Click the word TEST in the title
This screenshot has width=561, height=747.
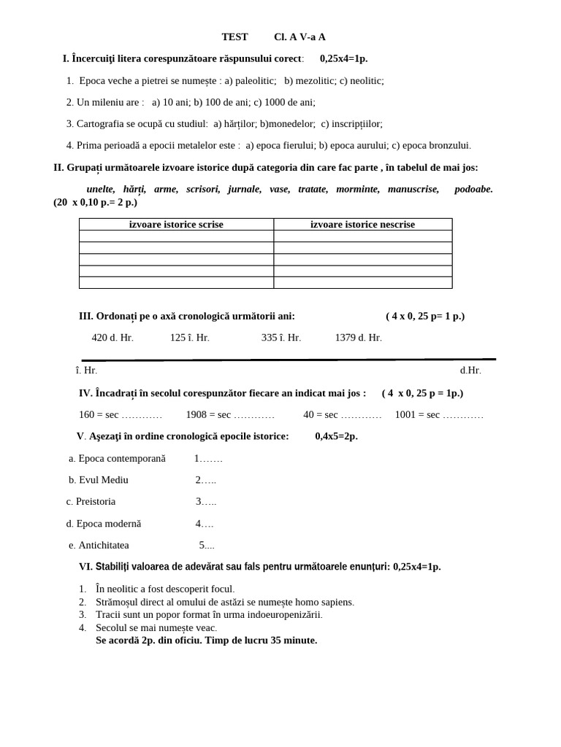pos(234,37)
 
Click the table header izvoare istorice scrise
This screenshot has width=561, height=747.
pos(176,225)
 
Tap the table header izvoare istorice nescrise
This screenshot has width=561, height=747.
pos(362,225)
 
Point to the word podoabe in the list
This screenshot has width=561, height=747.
pos(473,190)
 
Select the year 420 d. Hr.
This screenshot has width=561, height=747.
pos(112,338)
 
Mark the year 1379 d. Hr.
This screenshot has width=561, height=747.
pos(358,338)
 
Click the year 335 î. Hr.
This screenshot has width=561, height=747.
pos(281,338)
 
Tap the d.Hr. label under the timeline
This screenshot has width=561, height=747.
pos(470,371)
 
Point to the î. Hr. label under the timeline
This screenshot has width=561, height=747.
pos(86,371)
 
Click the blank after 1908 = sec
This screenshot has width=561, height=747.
pos(254,415)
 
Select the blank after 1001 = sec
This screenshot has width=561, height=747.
pos(463,415)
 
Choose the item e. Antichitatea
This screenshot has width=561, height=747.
pos(99,546)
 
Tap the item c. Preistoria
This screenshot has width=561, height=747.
pos(91,502)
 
